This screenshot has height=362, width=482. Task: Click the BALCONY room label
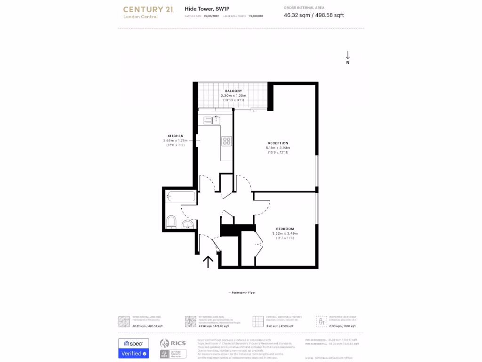tap(233, 90)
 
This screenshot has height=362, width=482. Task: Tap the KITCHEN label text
tap(175, 136)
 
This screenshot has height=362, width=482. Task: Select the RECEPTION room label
tap(278, 143)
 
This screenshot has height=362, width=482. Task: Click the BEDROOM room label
tap(285, 229)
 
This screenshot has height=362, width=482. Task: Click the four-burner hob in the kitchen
tap(226, 140)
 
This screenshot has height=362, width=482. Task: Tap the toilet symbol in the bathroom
tap(171, 222)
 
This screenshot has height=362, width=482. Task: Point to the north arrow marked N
tap(348, 57)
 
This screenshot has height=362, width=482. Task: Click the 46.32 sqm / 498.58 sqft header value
tap(314, 15)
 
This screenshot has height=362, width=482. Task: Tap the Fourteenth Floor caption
tap(242, 293)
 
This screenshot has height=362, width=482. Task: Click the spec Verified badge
tap(133, 348)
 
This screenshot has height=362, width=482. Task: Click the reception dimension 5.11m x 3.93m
tap(278, 148)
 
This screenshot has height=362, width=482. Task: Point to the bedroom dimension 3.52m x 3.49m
tap(285, 233)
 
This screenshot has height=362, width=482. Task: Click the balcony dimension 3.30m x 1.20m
tap(233, 96)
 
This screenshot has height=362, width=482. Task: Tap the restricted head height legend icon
tap(321, 321)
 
